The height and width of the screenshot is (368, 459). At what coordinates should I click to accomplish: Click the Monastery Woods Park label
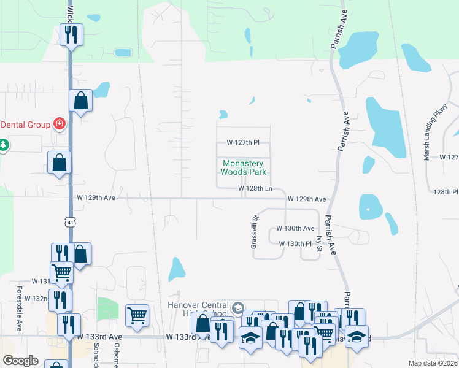[242, 167]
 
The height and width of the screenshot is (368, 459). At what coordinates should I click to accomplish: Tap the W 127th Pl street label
[243, 142]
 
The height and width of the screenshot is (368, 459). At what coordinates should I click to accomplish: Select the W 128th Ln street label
[255, 189]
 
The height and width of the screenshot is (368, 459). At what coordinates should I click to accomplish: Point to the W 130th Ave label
[295, 228]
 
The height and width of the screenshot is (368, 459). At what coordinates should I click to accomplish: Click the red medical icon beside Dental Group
[59, 125]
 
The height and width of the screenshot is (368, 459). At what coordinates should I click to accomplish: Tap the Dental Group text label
[25, 125]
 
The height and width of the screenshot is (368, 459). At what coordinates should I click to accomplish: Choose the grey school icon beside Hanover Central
[238, 307]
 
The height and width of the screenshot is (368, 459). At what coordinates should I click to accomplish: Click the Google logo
[20, 361]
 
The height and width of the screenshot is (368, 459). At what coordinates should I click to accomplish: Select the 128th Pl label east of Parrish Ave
[445, 191]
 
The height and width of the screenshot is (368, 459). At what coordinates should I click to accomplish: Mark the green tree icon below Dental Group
[4, 145]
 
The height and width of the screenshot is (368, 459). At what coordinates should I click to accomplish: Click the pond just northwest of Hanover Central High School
[177, 269]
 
